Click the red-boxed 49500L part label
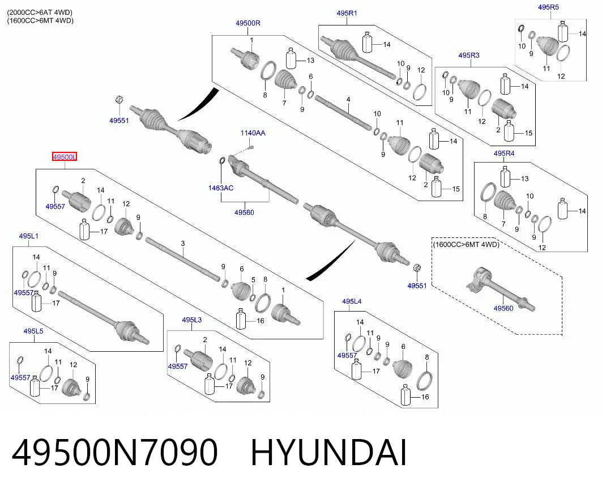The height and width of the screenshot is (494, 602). point(65,157)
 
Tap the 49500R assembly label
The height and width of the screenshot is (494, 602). point(248,23)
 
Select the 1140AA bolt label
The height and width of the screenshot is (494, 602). point(253,133)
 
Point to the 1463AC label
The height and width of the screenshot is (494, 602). point(221,188)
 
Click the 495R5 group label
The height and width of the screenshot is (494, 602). point(549,7)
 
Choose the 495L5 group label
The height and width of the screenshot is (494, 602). point(33,331)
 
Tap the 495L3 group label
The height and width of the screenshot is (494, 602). point(191,320)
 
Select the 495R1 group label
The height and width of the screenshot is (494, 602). point(347,13)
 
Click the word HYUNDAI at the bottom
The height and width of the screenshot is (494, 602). point(328,453)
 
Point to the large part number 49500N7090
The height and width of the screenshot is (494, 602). point(115,453)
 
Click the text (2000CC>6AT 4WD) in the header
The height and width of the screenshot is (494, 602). point(40,12)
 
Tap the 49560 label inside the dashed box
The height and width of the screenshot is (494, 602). point(503,308)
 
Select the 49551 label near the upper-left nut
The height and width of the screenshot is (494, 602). point(119,120)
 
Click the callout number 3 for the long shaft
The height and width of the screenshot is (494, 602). point(183,243)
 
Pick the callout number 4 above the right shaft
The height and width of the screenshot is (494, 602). point(348,100)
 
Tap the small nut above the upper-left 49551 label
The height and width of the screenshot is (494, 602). point(119,100)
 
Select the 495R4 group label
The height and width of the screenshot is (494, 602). point(504,154)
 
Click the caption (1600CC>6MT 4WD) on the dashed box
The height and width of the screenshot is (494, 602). point(466,244)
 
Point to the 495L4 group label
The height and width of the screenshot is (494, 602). point(352,301)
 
